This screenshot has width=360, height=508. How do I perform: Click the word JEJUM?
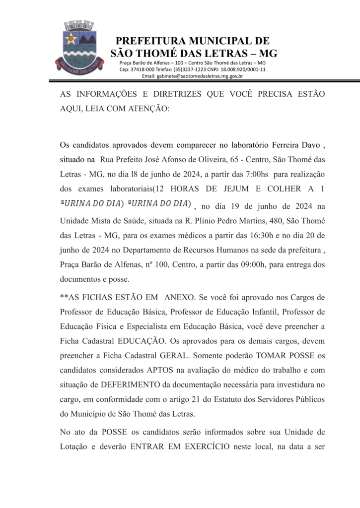pos(233,189)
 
